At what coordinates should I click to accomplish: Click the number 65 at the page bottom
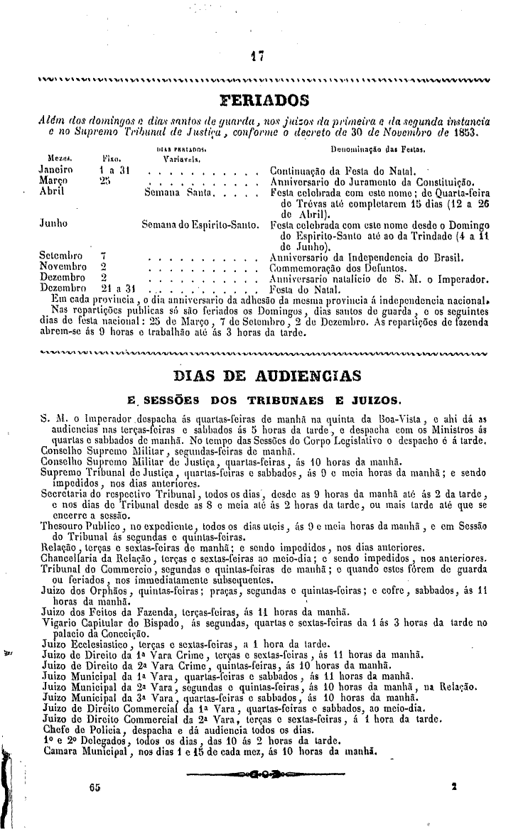97,787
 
